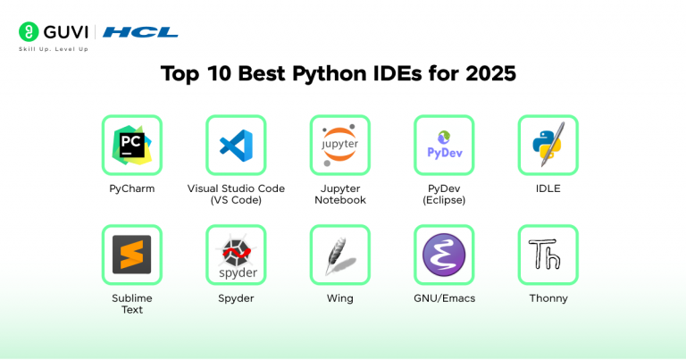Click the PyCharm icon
coord(131,145)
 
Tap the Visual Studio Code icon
coord(236,145)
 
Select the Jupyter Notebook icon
coord(339,145)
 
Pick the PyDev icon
coord(444,145)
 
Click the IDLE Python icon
coord(548,145)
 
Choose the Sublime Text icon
coord(131,255)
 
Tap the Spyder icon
coord(236,255)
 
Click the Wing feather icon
coord(339,255)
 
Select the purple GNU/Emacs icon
coord(444,255)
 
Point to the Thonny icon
coord(548,255)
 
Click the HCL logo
coord(140,32)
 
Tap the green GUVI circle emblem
coord(29,32)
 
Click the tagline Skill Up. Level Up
coord(54,49)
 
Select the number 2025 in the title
coord(490,74)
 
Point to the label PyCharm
coord(131,188)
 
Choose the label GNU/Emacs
coord(444,298)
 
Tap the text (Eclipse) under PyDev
coord(444,200)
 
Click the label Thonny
coord(548,298)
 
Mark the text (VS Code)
coord(236,200)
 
